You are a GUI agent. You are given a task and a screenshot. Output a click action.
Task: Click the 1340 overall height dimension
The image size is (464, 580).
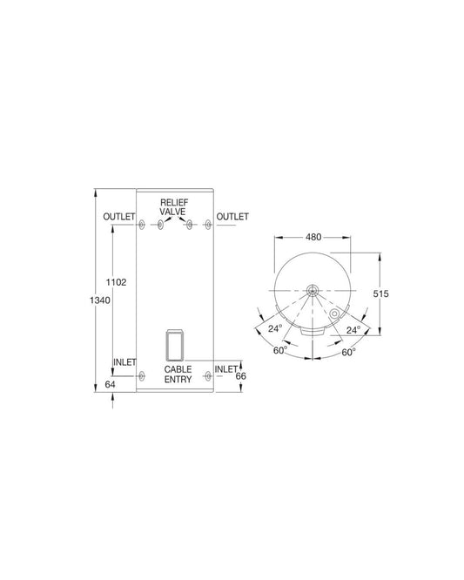tap(100, 300)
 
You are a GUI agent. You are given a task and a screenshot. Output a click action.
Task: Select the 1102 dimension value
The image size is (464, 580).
tap(116, 282)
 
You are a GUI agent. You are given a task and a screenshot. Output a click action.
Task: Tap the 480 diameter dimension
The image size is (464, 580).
tap(313, 237)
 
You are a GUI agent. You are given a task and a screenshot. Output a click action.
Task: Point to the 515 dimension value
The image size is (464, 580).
tap(380, 293)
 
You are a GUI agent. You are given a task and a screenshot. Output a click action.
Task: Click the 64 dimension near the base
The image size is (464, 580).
tap(110, 384)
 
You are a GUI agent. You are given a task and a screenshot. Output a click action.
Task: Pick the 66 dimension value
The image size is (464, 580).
tap(240, 376)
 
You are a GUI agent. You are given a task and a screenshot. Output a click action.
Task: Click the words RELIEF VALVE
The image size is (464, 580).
tap(173, 207)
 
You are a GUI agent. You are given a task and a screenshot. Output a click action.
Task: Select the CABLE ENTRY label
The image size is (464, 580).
tap(178, 374)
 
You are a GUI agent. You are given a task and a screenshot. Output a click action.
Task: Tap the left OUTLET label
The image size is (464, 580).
tap(119, 216)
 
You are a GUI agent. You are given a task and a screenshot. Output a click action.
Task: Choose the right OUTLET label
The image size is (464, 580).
tap(232, 216)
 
